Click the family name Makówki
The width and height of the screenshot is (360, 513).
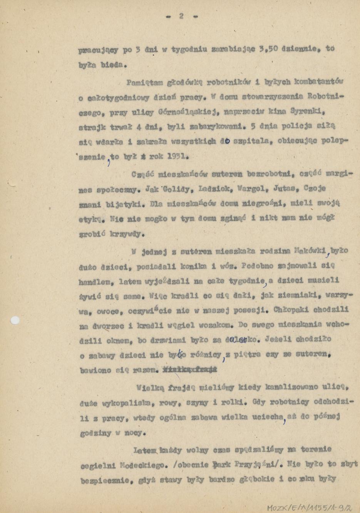pos(310,251)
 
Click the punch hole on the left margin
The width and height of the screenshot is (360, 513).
pos(15,320)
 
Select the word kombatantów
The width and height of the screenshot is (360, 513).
pos(319,82)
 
